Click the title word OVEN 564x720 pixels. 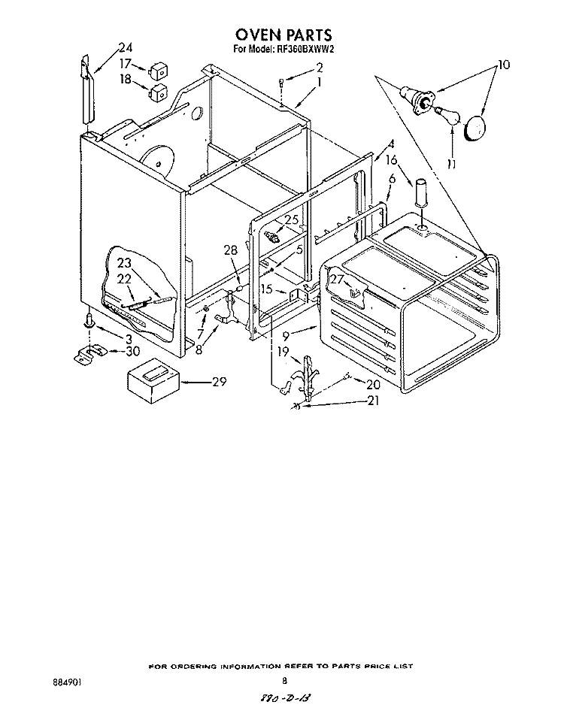259,35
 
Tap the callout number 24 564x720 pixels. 125,47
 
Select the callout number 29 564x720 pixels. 219,382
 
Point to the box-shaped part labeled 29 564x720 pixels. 153,381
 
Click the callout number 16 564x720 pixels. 391,160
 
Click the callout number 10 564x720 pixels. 503,65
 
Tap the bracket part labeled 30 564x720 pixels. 90,354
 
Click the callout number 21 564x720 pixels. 374,401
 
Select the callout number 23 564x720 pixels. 124,263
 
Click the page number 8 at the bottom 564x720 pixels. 285,681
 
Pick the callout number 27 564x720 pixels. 337,279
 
